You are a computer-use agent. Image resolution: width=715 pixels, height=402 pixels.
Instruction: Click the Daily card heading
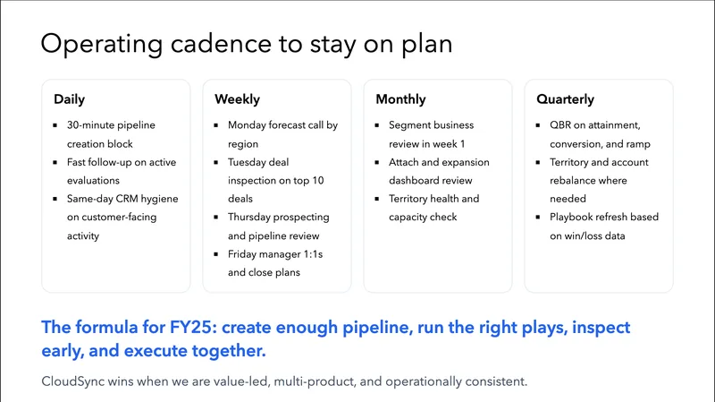point(69,99)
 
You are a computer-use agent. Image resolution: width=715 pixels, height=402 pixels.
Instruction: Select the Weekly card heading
point(236,99)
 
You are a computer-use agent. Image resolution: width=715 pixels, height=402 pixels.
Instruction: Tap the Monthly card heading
point(400,99)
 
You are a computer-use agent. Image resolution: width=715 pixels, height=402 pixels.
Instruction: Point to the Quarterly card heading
point(565,99)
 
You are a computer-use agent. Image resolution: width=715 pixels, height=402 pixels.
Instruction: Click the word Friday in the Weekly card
point(243,254)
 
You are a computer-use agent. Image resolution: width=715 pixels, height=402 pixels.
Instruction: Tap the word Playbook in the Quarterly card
point(573,218)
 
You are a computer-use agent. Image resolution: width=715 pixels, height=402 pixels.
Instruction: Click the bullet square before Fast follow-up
point(57,162)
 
